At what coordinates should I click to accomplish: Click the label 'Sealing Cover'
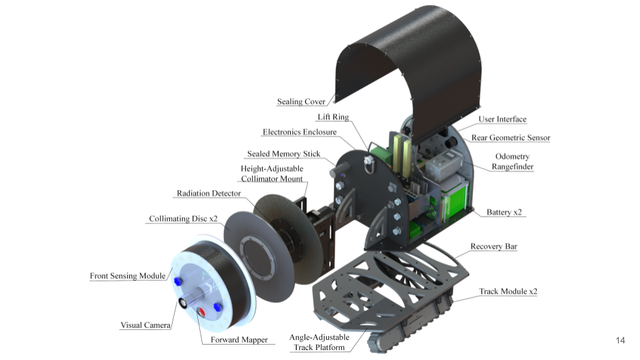pos(301,101)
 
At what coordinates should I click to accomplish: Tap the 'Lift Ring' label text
pos(333,117)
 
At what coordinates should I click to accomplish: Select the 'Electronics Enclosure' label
pos(300,132)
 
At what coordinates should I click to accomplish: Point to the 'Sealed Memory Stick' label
pos(284,154)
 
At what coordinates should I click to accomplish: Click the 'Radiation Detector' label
pos(209,193)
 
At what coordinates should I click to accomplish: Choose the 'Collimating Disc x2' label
pos(183,218)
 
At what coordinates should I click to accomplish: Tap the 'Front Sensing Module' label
pos(128,276)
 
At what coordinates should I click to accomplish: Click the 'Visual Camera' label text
pos(145,325)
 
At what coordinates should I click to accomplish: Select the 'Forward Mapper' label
pos(239,340)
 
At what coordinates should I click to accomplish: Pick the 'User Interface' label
pos(502,119)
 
